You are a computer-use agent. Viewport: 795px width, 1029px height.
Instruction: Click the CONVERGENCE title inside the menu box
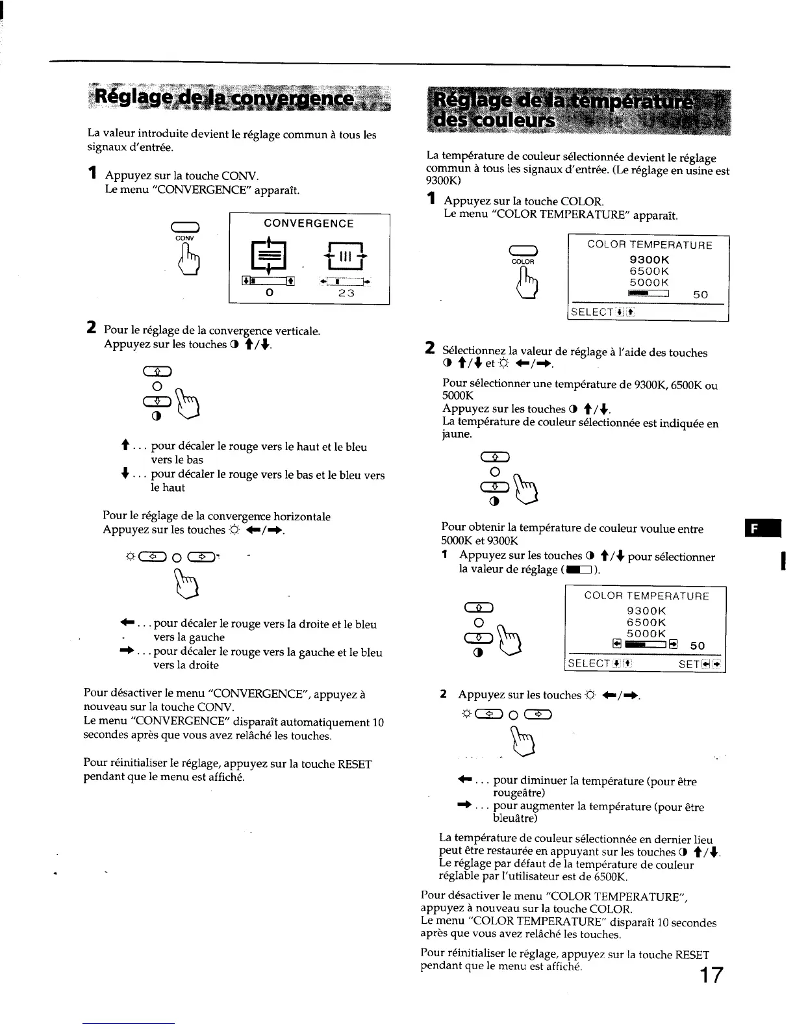[309, 223]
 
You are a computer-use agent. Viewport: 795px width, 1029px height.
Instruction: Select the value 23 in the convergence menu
[346, 293]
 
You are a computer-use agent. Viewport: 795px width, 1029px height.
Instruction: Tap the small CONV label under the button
[185, 238]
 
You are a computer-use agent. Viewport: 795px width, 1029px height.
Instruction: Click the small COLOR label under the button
[523, 261]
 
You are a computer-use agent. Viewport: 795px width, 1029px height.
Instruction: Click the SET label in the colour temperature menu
[688, 664]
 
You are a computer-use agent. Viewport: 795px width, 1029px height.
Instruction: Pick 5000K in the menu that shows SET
[646, 633]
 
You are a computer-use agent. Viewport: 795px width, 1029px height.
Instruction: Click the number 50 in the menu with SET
[697, 646]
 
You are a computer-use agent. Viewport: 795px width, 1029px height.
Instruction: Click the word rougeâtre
[519, 793]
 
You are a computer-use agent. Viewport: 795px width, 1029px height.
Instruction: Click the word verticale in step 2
[296, 331]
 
